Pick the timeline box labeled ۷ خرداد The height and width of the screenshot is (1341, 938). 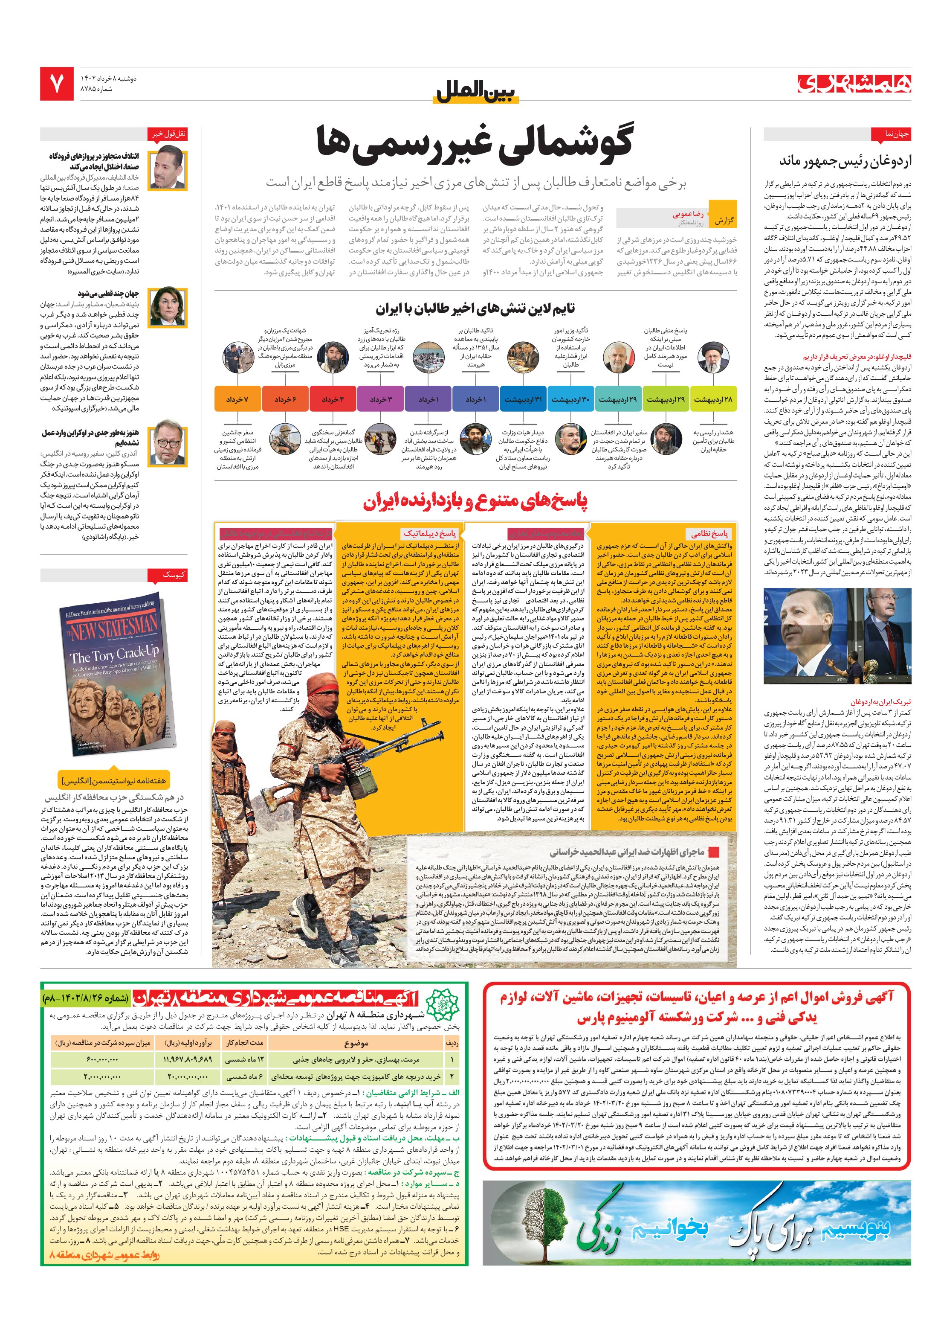(237, 399)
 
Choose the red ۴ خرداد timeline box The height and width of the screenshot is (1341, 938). (333, 399)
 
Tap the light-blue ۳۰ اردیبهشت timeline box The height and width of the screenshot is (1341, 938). (570, 399)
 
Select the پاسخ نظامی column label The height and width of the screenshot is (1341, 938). (709, 533)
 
